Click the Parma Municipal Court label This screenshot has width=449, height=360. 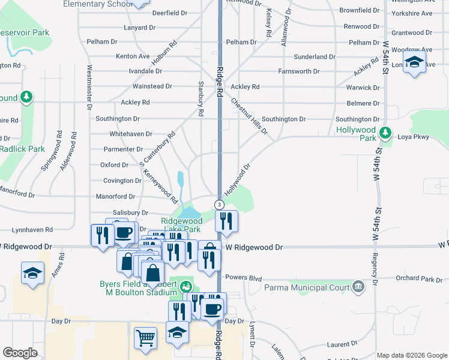(x=307, y=287)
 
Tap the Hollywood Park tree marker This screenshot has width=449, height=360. (x=387, y=132)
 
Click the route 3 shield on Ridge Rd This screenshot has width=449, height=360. (x=220, y=205)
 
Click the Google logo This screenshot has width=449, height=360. (x=20, y=353)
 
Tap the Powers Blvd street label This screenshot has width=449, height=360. (x=244, y=277)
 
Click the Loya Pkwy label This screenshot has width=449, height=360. (x=414, y=137)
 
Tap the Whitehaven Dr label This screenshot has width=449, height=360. (x=130, y=134)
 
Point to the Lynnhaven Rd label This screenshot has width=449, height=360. (x=32, y=230)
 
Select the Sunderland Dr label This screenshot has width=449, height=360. (x=315, y=56)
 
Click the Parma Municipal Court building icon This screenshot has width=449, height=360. (x=358, y=286)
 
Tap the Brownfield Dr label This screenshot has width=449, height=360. (x=360, y=10)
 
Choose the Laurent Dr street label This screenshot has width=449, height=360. (x=342, y=344)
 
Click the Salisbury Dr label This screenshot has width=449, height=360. (x=130, y=212)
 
